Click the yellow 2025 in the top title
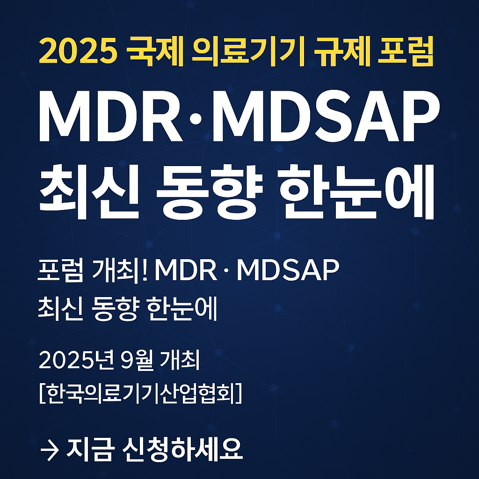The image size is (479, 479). tap(77, 53)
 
